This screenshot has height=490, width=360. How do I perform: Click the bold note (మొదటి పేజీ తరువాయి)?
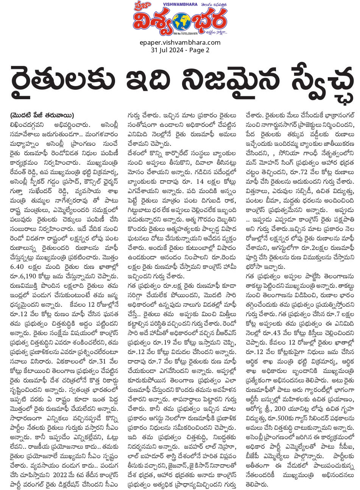click(42, 115)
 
